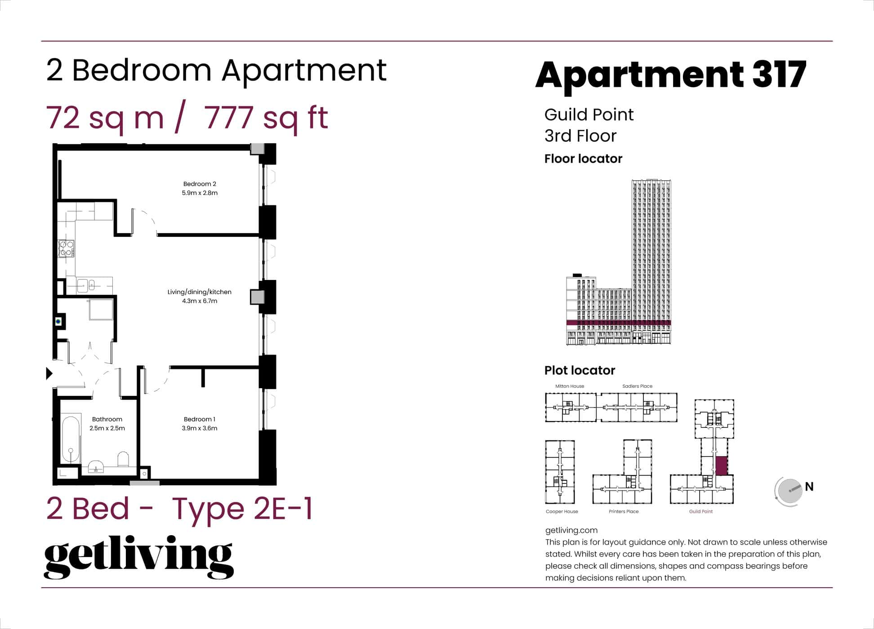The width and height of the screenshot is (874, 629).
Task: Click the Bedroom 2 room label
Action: click(200, 184)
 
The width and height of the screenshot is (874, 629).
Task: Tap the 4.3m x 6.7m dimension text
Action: click(200, 301)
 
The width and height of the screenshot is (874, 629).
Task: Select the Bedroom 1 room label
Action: click(200, 419)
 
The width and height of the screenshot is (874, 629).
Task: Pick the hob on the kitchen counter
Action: click(66, 248)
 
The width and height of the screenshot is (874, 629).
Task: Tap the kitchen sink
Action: click(83, 285)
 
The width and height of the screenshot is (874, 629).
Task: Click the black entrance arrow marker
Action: click(49, 373)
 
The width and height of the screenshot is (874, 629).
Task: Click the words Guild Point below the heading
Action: click(589, 115)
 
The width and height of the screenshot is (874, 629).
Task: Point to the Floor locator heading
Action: click(583, 159)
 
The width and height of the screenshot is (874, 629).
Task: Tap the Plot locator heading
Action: click(580, 370)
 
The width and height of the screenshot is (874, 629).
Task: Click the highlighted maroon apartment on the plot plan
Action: click(721, 465)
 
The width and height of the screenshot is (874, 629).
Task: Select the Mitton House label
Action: click(570, 386)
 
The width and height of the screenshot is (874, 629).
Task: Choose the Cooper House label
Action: click(562, 511)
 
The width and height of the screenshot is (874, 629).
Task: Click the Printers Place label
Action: click(623, 511)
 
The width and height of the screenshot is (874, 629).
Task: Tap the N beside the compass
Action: click(809, 487)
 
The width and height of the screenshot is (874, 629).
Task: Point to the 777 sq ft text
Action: click(266, 118)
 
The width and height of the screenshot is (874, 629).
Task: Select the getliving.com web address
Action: click(571, 530)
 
